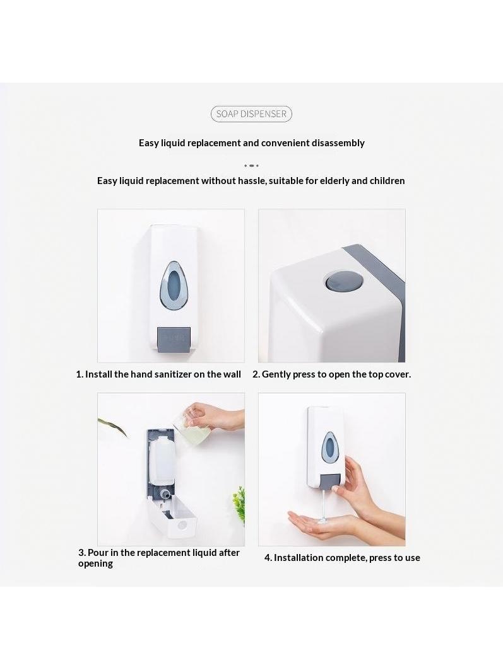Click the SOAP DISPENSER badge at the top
(251, 113)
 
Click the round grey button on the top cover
(338, 282)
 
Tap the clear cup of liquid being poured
(189, 427)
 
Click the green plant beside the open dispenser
(239, 505)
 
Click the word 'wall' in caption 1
(232, 374)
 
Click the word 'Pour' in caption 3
(98, 553)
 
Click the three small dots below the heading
(251, 165)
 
